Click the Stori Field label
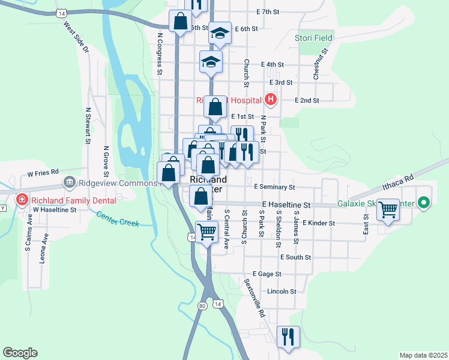(x=313, y=38)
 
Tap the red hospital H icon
(x=270, y=100)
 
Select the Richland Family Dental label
(x=61, y=199)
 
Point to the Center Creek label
(x=117, y=220)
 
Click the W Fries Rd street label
(x=43, y=173)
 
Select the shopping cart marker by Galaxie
(x=388, y=210)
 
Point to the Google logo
(x=20, y=353)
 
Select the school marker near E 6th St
(x=220, y=34)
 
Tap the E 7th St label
(x=268, y=11)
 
